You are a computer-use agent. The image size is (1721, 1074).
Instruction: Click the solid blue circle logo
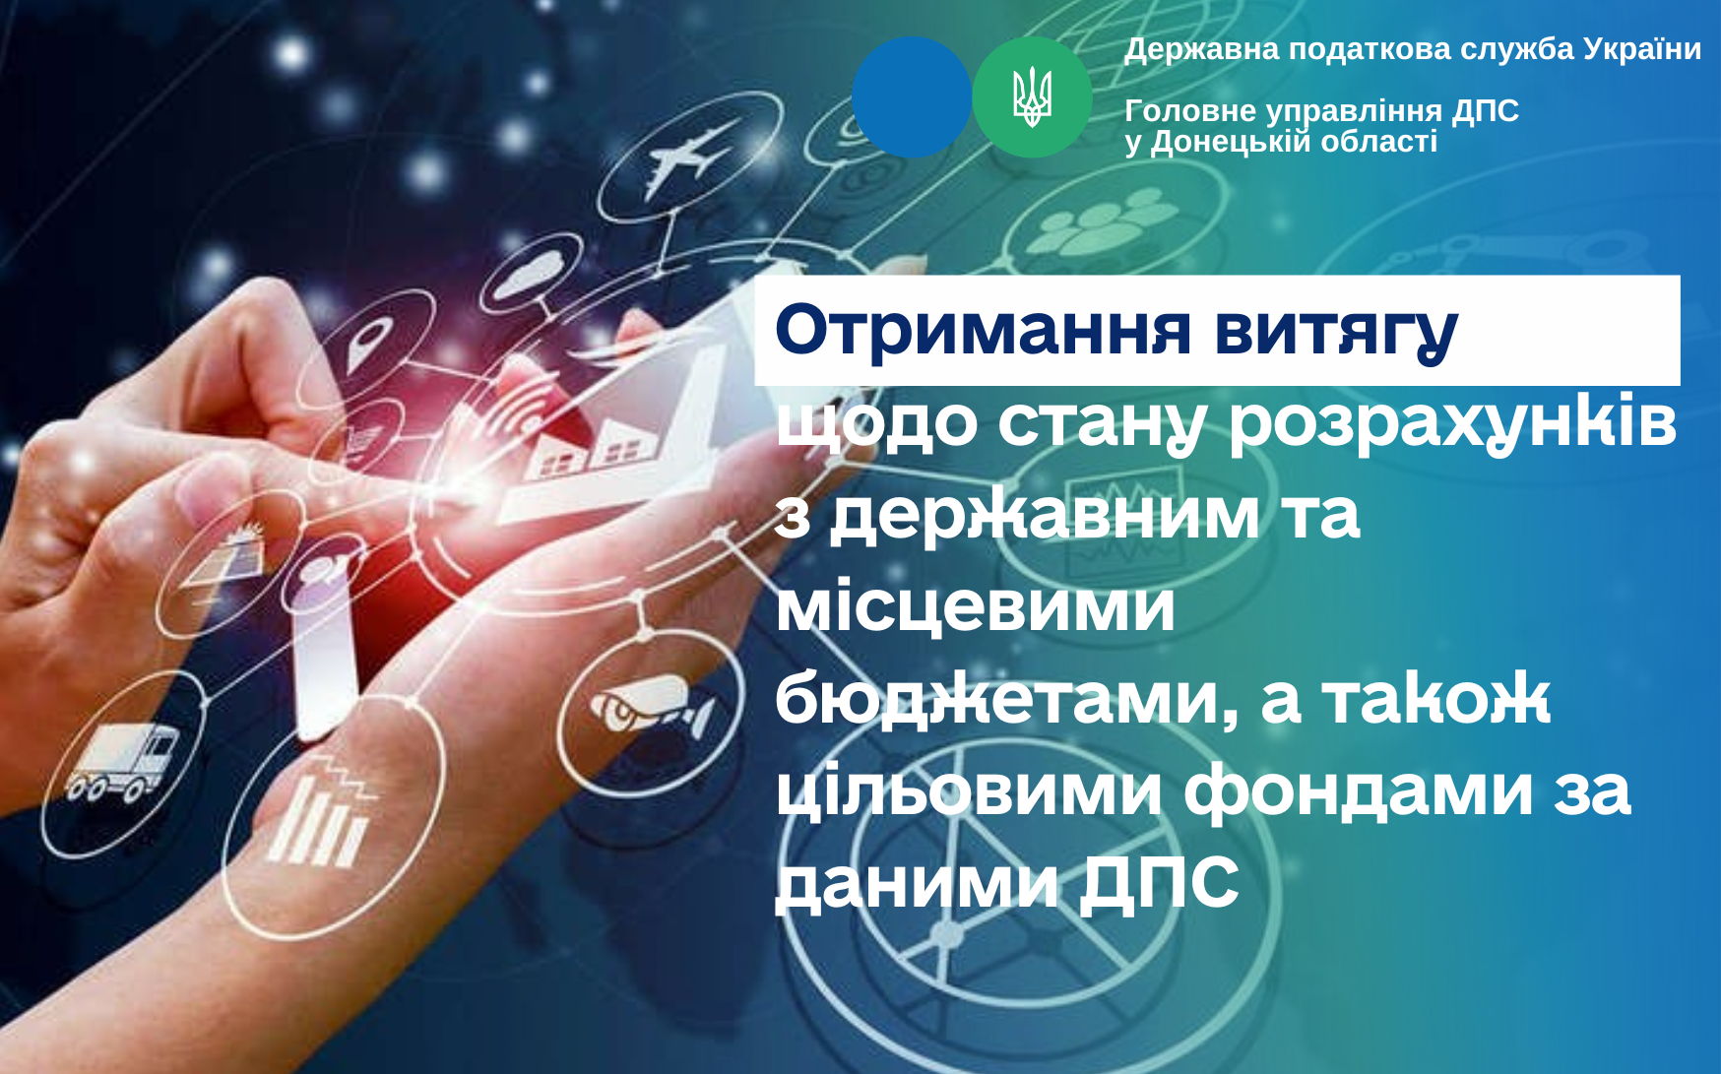[912, 97]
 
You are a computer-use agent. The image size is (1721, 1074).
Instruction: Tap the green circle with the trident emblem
[1032, 97]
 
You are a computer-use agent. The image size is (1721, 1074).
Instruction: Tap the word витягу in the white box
[1336, 333]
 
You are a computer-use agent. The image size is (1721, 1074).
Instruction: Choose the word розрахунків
[1452, 423]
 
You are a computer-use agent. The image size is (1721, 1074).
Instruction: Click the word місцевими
[976, 605]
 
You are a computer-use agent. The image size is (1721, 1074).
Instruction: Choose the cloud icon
[533, 273]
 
